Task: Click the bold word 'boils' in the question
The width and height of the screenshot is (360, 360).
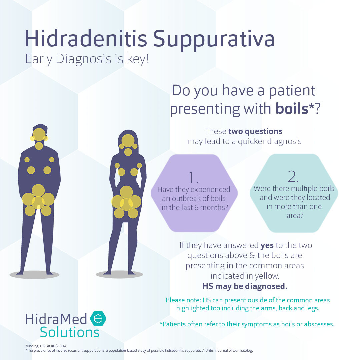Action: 292,109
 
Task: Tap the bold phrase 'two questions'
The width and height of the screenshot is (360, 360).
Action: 260,131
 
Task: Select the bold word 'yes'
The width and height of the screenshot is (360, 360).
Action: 267,246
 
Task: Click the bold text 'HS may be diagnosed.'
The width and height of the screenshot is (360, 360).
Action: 245,286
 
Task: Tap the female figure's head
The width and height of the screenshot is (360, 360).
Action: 128,140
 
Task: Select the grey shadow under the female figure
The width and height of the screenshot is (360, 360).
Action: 119,274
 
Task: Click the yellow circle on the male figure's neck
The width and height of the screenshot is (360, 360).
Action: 39,146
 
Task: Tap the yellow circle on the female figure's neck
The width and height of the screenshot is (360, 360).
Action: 128,152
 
